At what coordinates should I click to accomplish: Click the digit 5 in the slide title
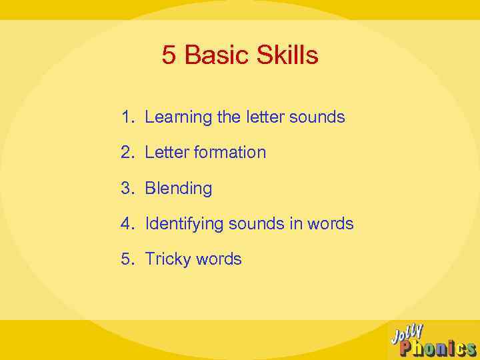(x=169, y=56)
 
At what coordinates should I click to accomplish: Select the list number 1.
(x=127, y=117)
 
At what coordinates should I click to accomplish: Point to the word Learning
(x=178, y=118)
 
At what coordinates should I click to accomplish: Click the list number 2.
(x=127, y=153)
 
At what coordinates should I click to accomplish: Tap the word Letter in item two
(x=167, y=153)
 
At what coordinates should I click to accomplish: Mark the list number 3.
(x=127, y=189)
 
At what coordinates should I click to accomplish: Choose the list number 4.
(x=127, y=224)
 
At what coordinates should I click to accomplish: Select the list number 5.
(x=127, y=259)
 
